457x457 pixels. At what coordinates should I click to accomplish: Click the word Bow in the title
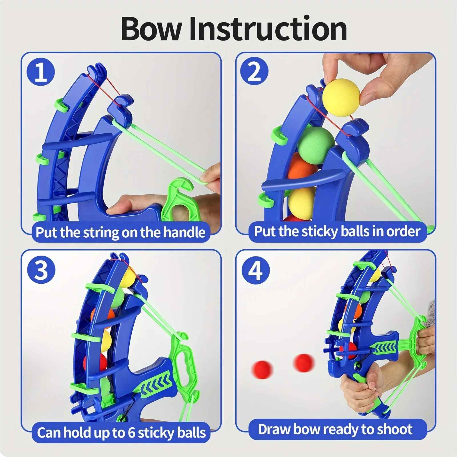coord(151,29)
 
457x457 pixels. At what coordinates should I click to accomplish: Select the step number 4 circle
coord(255,270)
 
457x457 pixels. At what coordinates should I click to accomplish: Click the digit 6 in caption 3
coord(131,432)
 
